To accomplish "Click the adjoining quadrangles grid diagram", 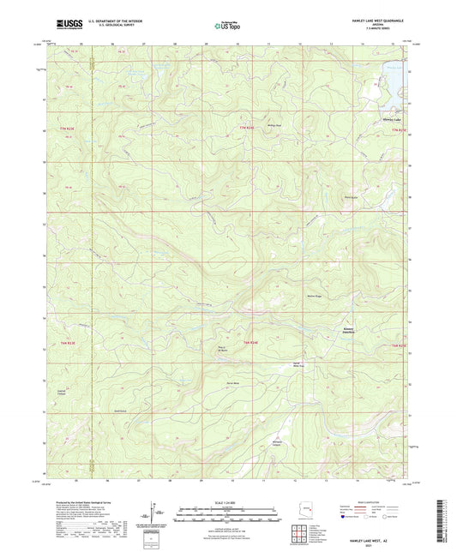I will (x=299, y=536).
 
